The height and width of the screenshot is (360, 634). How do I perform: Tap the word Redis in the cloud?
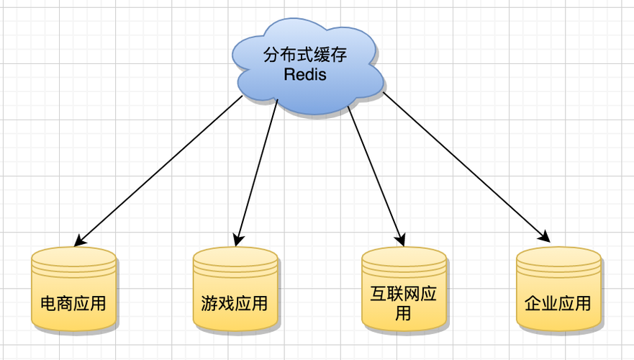[x=305, y=74]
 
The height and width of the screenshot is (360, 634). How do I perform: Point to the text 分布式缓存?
[x=306, y=55]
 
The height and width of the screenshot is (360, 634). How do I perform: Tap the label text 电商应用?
[x=73, y=303]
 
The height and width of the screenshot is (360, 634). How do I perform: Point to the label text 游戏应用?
[x=235, y=303]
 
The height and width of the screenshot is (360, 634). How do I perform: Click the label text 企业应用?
[x=558, y=303]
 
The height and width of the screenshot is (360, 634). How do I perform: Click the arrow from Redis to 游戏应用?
[x=257, y=173]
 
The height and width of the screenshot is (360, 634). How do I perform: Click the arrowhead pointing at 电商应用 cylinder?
[x=80, y=240]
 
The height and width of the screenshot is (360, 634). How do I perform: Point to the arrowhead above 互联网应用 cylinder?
[x=399, y=238]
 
